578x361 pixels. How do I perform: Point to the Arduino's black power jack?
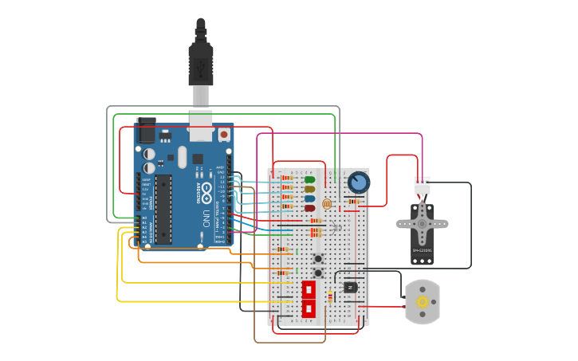(146, 130)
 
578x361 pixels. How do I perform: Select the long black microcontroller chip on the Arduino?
(163, 210)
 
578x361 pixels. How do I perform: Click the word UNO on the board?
(206, 218)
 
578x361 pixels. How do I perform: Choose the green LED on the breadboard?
(309, 180)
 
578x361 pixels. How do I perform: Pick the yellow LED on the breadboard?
(309, 190)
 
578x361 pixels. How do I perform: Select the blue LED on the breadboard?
(309, 198)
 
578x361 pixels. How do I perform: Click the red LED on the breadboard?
(309, 208)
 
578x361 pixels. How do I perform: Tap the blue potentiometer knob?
(359, 182)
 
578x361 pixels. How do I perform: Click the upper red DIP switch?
(309, 289)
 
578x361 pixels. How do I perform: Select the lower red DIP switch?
(309, 308)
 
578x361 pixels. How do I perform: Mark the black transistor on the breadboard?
(350, 287)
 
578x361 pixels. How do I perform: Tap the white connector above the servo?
(422, 185)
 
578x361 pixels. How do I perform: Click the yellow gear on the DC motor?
(422, 302)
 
